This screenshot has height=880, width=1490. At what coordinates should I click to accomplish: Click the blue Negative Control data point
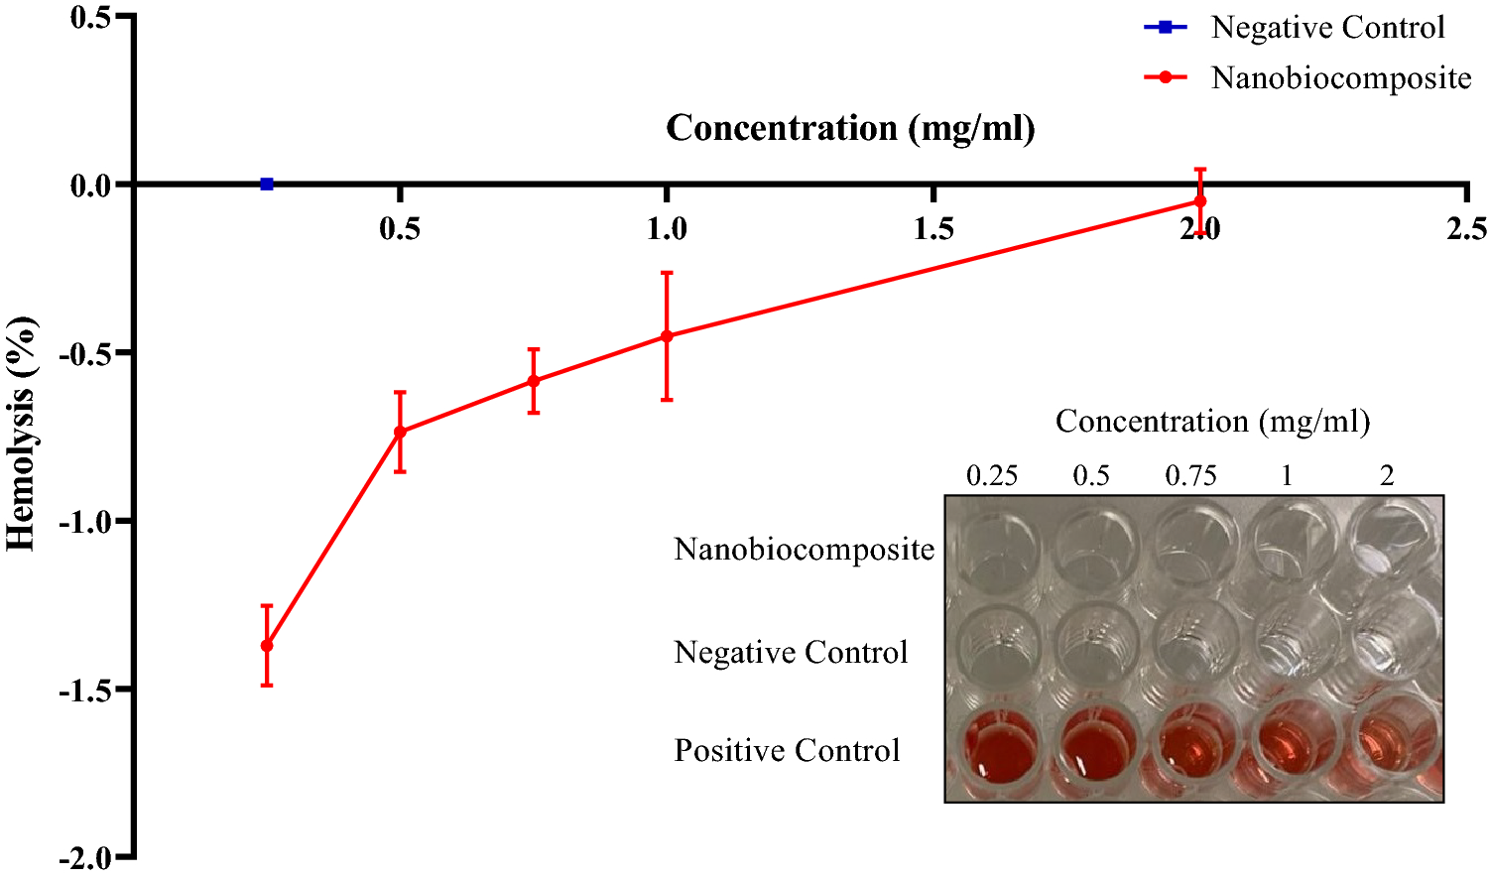tap(266, 184)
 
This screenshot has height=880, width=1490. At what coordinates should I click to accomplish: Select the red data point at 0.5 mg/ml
tap(400, 432)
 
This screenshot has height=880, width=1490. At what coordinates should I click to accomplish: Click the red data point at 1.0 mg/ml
tap(667, 336)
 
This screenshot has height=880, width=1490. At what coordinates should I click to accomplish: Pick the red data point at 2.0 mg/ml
tap(1199, 201)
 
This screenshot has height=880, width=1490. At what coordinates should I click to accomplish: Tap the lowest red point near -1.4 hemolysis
tap(266, 646)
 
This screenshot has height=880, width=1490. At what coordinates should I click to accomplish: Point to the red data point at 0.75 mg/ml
tap(533, 381)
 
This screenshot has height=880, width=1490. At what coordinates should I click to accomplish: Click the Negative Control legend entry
tap(1326, 28)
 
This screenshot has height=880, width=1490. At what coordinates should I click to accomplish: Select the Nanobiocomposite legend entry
tap(1339, 77)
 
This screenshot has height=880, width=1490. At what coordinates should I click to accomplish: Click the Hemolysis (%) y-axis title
tap(22, 434)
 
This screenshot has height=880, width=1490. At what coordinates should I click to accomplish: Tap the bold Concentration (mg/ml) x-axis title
tap(850, 128)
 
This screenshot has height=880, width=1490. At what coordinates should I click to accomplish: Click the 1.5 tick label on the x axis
tap(933, 229)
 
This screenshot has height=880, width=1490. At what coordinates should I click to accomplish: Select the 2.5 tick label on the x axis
tap(1465, 229)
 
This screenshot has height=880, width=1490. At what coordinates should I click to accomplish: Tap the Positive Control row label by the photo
tap(787, 750)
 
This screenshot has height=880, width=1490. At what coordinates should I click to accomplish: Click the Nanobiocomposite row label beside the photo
tap(804, 549)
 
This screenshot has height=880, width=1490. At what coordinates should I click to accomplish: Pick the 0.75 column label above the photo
tap(1190, 476)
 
